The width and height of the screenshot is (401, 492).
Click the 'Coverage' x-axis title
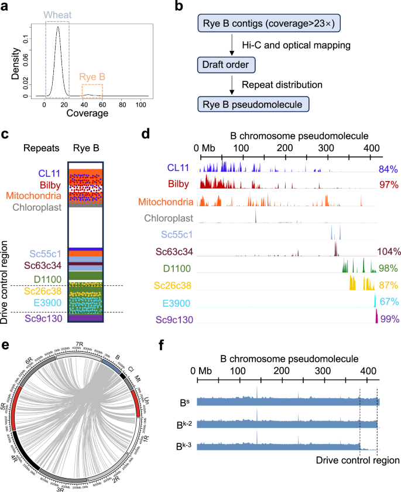88,114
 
